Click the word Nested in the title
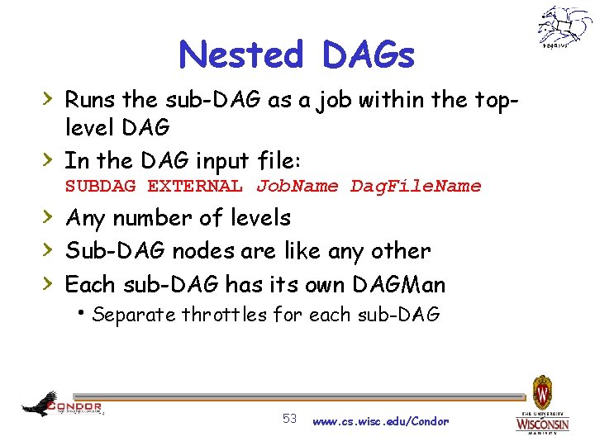click(241, 55)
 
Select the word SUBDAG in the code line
click(100, 186)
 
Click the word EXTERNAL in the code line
click(195, 186)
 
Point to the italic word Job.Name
click(297, 186)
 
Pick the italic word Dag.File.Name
click(416, 186)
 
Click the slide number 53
click(290, 420)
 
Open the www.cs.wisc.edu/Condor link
click(380, 421)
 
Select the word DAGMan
click(398, 285)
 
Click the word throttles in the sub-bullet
click(224, 315)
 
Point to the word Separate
click(135, 315)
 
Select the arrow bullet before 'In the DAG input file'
click(50, 157)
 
